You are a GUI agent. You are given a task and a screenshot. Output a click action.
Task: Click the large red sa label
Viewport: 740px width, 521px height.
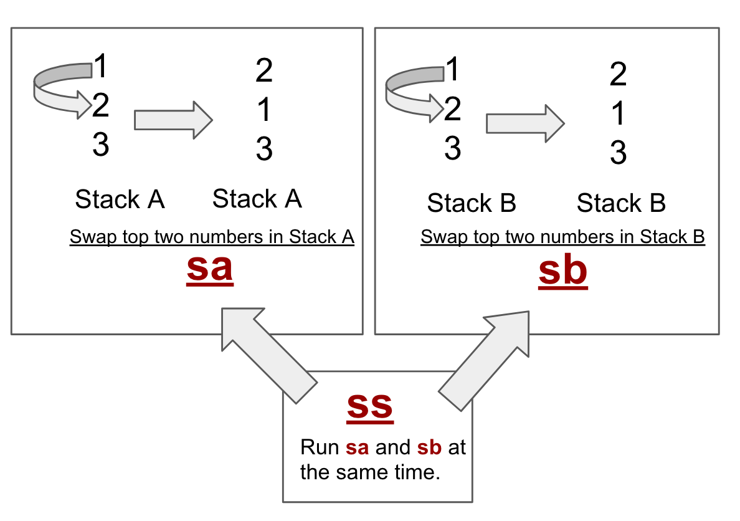coord(210,268)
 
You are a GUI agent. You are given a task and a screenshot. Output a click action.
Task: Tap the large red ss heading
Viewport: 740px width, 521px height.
coord(370,405)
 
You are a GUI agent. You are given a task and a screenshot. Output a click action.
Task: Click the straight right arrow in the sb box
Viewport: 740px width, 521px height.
coord(524,123)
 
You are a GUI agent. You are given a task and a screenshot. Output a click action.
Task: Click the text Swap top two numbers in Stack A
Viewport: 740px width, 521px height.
coord(212,237)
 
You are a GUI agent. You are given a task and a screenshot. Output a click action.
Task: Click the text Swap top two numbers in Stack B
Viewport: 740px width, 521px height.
coord(562,237)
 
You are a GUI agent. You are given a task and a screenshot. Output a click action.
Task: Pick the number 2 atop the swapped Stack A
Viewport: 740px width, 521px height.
coord(264,71)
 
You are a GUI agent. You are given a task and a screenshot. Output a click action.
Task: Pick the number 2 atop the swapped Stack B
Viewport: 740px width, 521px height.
coord(617,75)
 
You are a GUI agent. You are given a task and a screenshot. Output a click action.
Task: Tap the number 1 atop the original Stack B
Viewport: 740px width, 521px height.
coord(453,69)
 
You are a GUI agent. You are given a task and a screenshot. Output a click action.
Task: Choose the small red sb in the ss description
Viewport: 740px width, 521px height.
coord(430,447)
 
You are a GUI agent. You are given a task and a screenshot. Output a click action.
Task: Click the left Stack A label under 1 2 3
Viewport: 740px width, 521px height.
coord(120,199)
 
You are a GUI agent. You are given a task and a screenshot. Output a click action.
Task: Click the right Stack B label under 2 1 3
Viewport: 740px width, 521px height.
coord(621,203)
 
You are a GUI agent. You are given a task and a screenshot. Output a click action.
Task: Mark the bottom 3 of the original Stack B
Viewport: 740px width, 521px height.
coord(453,149)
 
